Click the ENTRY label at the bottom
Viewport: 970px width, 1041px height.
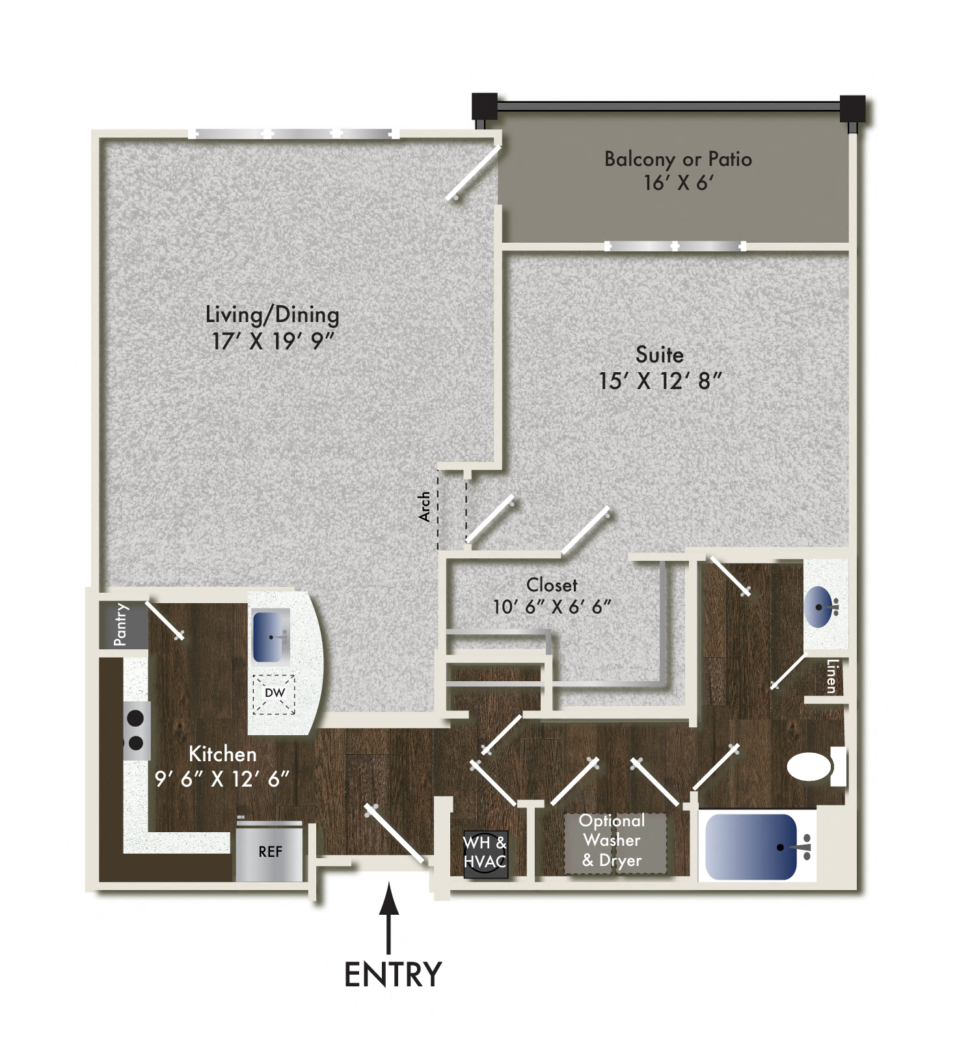392,974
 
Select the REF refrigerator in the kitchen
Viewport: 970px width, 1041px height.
270,851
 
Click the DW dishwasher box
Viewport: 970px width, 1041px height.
274,694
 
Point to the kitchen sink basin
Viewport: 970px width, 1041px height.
271,636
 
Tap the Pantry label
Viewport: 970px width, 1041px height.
121,625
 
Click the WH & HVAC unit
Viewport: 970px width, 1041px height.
485,852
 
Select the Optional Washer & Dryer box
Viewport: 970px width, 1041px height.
614,841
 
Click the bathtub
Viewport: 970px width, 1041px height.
752,846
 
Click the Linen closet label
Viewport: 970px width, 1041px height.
831,677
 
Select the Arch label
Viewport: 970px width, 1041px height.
425,506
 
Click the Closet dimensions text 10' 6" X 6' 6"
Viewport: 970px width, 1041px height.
552,607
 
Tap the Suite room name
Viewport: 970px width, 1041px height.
659,355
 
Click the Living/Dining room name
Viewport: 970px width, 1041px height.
272,315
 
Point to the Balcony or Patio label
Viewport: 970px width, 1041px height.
678,159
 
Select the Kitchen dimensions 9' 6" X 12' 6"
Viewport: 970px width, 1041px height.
222,778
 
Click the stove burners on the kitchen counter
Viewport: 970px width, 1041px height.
135,730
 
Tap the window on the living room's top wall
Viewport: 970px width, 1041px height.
294,134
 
